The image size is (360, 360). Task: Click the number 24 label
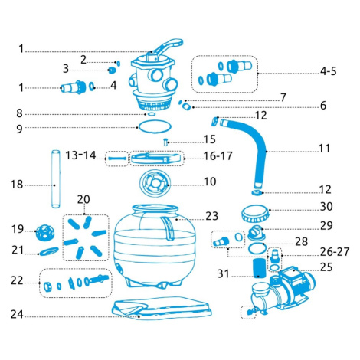pyautogui.click(x=17, y=314)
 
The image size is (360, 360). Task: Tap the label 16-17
pyautogui.click(x=218, y=155)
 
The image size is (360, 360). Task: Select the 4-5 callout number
pyautogui.click(x=329, y=71)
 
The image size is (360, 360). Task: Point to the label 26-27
pyautogui.click(x=335, y=252)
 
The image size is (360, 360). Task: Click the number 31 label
pyautogui.click(x=223, y=273)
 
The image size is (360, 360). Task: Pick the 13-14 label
pyautogui.click(x=80, y=155)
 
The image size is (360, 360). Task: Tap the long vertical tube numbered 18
pyautogui.click(x=56, y=179)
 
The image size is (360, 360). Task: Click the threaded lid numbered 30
pyautogui.click(x=255, y=213)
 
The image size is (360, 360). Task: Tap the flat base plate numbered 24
pyautogui.click(x=162, y=309)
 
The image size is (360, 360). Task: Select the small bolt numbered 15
pyautogui.click(x=166, y=142)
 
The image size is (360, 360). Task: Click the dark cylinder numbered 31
pyautogui.click(x=259, y=268)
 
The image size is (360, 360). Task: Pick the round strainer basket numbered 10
pyautogui.click(x=155, y=183)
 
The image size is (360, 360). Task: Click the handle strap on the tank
pyautogui.click(x=168, y=228)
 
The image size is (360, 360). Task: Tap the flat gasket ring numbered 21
pyautogui.click(x=48, y=251)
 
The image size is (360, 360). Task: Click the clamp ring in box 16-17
pyautogui.click(x=157, y=158)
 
